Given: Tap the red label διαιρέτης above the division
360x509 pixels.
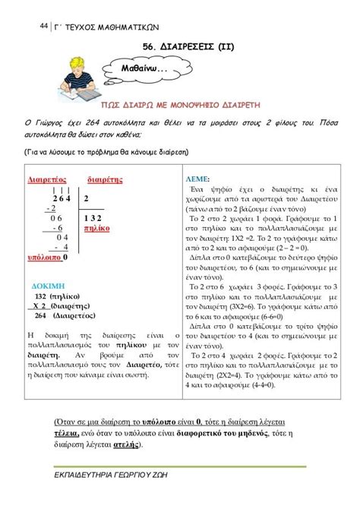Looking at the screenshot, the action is click(x=106, y=180).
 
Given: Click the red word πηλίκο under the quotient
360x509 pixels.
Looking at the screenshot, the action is click(x=96, y=227).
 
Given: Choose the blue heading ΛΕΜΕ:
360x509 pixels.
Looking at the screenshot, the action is click(x=197, y=175).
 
